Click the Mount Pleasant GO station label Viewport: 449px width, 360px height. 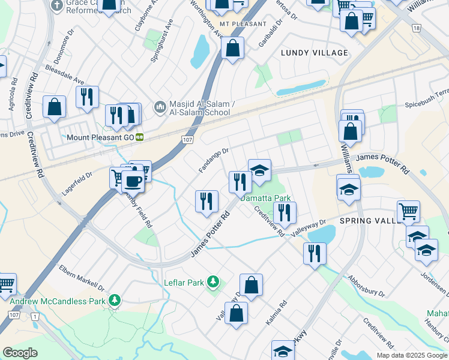100,137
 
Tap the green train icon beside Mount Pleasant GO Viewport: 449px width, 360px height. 139,137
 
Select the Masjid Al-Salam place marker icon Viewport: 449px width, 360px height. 160,107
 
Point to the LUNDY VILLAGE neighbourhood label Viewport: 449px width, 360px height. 315,53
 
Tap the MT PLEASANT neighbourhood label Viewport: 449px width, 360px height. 243,24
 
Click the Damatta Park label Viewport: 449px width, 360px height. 265,198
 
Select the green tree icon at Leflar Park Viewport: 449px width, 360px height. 212,281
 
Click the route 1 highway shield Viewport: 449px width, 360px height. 35,316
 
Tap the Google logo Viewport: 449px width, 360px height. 20,353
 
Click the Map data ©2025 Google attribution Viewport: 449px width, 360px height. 412,355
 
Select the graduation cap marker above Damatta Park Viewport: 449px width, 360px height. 259,172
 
